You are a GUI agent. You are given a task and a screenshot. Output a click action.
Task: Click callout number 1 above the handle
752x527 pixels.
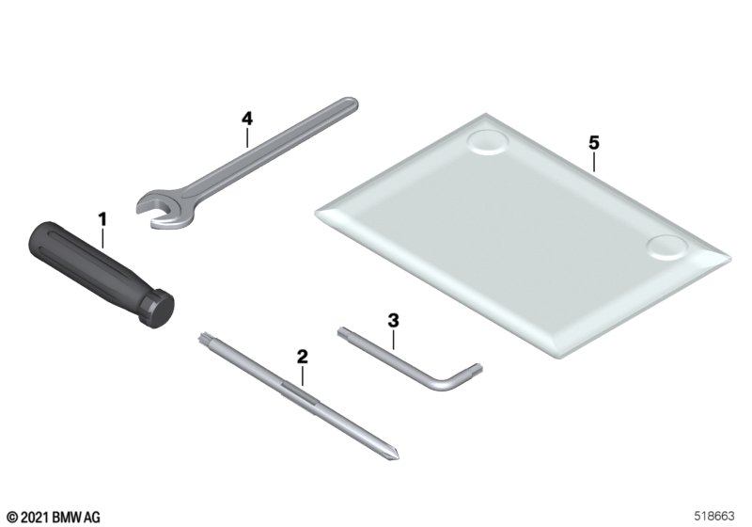(102, 220)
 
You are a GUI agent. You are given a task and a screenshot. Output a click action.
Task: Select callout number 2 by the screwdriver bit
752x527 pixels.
(302, 357)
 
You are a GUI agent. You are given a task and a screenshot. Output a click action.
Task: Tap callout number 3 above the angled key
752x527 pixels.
(393, 321)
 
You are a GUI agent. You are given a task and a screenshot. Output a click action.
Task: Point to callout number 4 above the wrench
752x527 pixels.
(247, 119)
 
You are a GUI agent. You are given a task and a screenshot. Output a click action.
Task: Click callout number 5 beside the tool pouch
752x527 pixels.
(594, 142)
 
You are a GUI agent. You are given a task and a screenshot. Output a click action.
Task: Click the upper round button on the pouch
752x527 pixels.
(487, 141)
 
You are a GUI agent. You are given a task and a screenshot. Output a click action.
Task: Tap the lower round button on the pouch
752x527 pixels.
(666, 248)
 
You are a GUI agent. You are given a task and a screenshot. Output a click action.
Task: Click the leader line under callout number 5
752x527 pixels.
(594, 161)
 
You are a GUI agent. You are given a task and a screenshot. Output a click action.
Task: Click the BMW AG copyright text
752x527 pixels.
(54, 517)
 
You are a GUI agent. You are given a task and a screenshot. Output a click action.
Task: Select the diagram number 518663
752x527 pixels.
(714, 516)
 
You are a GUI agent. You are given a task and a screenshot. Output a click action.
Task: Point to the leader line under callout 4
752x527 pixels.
(247, 137)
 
